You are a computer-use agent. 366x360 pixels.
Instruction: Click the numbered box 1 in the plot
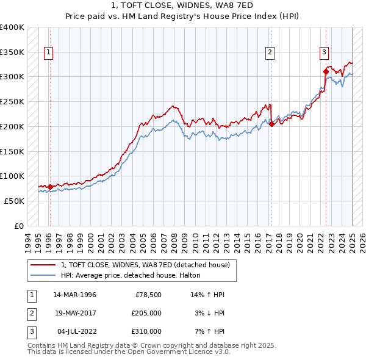(48, 52)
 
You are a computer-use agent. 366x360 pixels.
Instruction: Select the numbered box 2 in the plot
(270, 52)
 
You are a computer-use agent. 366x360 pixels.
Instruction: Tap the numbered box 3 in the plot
(324, 52)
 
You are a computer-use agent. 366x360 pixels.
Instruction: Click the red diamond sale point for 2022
(326, 71)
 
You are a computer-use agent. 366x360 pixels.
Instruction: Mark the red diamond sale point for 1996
(50, 186)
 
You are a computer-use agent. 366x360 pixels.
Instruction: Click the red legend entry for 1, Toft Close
(145, 265)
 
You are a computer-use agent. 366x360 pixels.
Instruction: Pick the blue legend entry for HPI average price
(135, 276)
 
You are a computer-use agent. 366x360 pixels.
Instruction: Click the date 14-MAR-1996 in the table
(74, 295)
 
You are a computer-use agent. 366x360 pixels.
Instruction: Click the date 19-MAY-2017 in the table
(74, 313)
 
